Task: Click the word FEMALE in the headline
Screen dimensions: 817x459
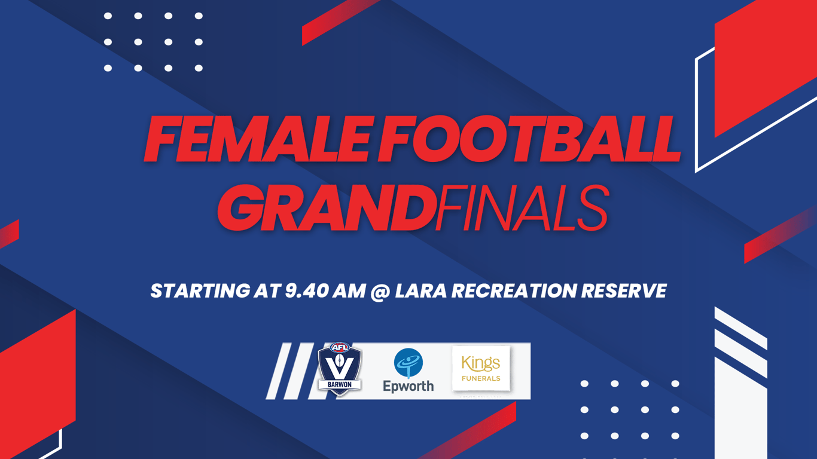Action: (x=257, y=139)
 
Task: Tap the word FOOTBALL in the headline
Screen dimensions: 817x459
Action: (x=529, y=139)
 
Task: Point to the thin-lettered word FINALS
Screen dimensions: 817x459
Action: (x=522, y=208)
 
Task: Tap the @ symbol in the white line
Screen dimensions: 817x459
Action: (x=380, y=292)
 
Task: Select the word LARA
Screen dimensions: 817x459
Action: (x=421, y=291)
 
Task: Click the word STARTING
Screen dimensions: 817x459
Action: (x=200, y=291)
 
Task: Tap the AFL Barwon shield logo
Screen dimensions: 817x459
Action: (x=340, y=369)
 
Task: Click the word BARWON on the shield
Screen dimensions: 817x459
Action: (x=340, y=385)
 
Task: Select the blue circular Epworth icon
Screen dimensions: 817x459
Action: (x=408, y=363)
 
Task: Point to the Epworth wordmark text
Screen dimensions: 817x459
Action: (x=408, y=385)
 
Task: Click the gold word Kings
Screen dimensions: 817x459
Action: (x=481, y=363)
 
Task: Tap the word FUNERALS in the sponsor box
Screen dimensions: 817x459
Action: (x=481, y=378)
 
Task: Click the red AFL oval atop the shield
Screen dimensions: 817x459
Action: (x=340, y=347)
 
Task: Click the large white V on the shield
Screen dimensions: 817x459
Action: (x=340, y=366)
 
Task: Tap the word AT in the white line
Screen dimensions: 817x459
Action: (x=267, y=291)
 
